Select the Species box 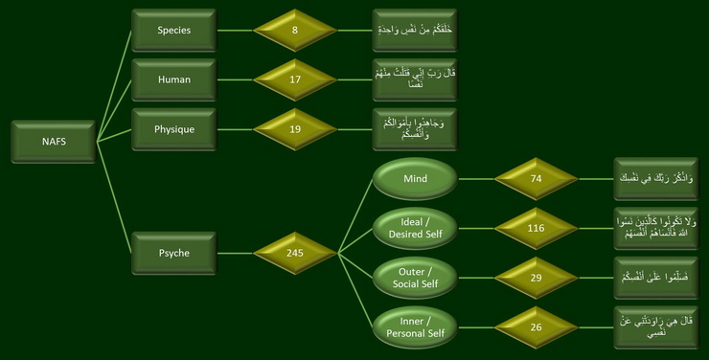pyautogui.click(x=173, y=30)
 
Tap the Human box pyautogui.click(x=173, y=79)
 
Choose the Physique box pyautogui.click(x=173, y=128)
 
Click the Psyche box pyautogui.click(x=173, y=253)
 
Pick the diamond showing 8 pyautogui.click(x=295, y=30)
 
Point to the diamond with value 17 pyautogui.click(x=295, y=79)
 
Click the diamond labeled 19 pyautogui.click(x=295, y=128)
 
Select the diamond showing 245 pyautogui.click(x=295, y=253)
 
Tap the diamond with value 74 pyautogui.click(x=536, y=178)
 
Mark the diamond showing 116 pyautogui.click(x=536, y=229)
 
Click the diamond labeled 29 pyautogui.click(x=536, y=277)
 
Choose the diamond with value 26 pyautogui.click(x=536, y=326)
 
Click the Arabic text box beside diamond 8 pyautogui.click(x=414, y=30)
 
